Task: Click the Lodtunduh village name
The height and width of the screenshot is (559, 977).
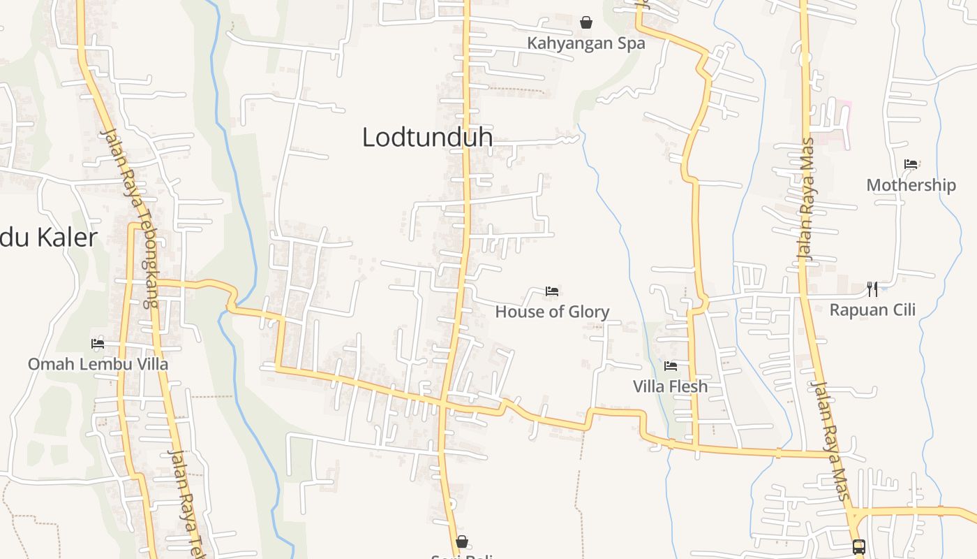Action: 427,137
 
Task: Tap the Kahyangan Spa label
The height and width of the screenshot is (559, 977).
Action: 586,43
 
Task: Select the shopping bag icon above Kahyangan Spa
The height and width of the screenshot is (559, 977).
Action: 586,22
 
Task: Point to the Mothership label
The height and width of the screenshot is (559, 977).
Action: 911,185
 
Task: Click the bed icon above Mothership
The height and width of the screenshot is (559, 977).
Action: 911,164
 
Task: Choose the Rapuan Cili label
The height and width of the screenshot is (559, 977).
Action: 872,310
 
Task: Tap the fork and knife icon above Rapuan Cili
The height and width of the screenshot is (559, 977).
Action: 872,289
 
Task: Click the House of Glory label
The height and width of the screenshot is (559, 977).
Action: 552,312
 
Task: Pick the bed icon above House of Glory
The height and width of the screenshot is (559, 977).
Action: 552,291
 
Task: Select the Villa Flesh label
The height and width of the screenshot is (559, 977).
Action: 670,386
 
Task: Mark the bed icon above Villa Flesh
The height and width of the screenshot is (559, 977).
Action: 671,365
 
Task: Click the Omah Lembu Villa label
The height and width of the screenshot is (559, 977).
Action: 98,364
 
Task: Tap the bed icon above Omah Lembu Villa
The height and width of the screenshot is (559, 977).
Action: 98,343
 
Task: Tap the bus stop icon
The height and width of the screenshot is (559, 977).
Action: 859,546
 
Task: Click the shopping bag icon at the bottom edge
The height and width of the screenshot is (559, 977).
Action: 461,542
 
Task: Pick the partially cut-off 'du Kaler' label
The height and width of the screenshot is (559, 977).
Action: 47,238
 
